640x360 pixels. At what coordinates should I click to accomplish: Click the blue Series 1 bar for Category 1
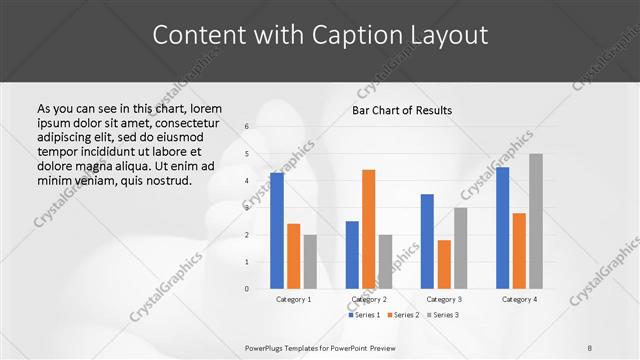pyautogui.click(x=277, y=231)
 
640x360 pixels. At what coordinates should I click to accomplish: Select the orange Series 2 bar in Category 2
pyautogui.click(x=369, y=229)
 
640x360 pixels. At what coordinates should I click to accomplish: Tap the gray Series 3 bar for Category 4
pyautogui.click(x=536, y=221)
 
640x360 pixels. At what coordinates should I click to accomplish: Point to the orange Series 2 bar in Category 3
pyautogui.click(x=444, y=264)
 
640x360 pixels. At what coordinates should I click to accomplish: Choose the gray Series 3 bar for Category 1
pyautogui.click(x=310, y=262)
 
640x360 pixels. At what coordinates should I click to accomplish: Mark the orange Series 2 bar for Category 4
pyautogui.click(x=519, y=251)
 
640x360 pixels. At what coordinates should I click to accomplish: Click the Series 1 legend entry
pyautogui.click(x=364, y=315)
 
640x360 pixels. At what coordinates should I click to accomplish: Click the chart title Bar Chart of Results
pyautogui.click(x=402, y=110)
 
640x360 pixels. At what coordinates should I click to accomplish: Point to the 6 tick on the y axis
pyautogui.click(x=247, y=127)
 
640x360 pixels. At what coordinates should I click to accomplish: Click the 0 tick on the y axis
pyautogui.click(x=247, y=289)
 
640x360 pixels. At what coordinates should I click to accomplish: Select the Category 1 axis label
pyautogui.click(x=293, y=299)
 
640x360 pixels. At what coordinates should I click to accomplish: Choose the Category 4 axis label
pyautogui.click(x=519, y=299)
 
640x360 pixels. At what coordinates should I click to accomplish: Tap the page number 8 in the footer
pyautogui.click(x=590, y=347)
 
